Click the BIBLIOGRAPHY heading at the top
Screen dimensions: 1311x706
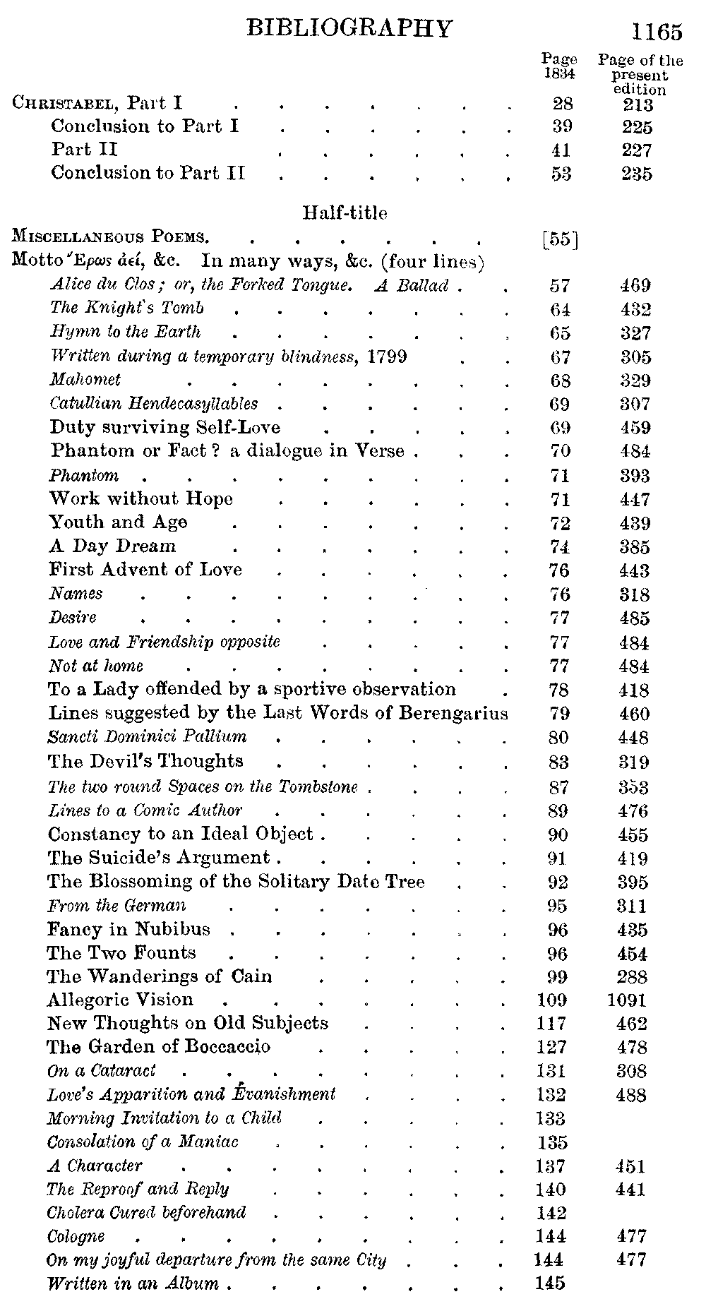(349, 28)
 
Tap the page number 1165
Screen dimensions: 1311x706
(657, 32)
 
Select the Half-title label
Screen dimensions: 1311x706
(345, 212)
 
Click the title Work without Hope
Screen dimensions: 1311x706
(141, 498)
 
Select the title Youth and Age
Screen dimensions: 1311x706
(118, 522)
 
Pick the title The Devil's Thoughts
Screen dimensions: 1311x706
(145, 761)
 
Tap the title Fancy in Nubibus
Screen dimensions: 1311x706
(128, 929)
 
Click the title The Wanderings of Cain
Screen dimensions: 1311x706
(160, 976)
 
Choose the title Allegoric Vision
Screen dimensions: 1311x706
(120, 1000)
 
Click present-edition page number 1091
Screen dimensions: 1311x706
(628, 1000)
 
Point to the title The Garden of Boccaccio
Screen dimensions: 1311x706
(159, 1047)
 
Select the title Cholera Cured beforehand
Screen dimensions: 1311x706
(146, 1213)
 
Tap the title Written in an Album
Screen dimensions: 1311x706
(133, 1283)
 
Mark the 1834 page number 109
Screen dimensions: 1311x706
(551, 1000)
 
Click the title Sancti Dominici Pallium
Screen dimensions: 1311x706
(147, 737)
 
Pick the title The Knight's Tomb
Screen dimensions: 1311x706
(127, 308)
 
